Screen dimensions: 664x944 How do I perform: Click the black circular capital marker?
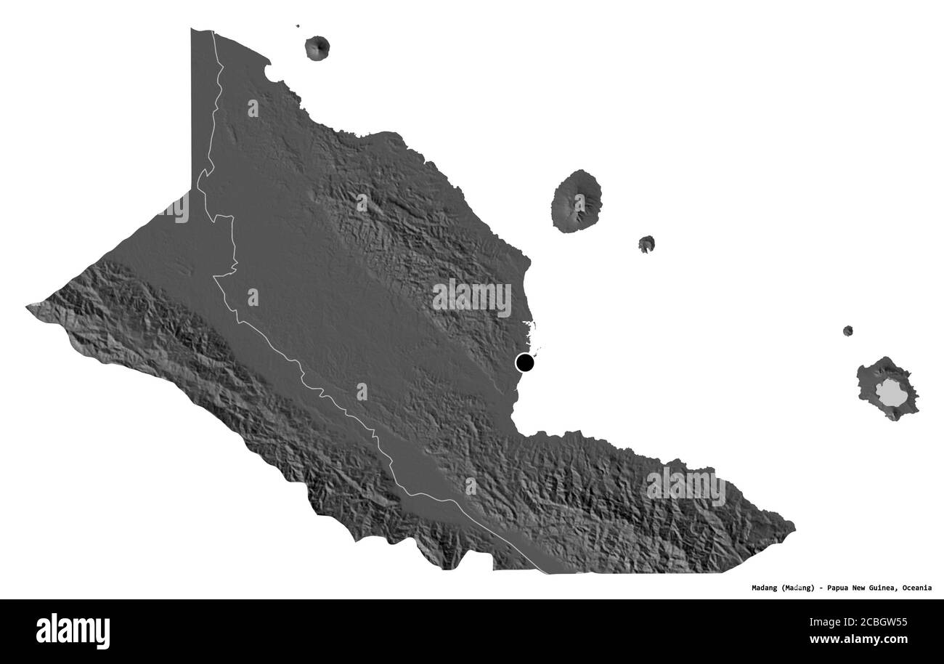(x=524, y=362)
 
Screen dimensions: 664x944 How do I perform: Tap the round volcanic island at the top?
(x=317, y=48)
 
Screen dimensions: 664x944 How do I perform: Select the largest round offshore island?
(x=577, y=201)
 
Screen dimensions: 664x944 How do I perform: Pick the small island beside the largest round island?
(x=646, y=244)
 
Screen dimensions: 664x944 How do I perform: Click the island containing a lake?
(x=887, y=389)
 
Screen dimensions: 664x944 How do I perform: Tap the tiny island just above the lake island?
(x=847, y=331)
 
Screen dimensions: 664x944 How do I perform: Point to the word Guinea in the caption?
(x=885, y=588)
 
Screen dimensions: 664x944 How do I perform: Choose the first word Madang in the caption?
(x=765, y=588)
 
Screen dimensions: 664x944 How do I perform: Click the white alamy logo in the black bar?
(x=73, y=631)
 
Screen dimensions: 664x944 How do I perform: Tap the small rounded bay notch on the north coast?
(x=269, y=72)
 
